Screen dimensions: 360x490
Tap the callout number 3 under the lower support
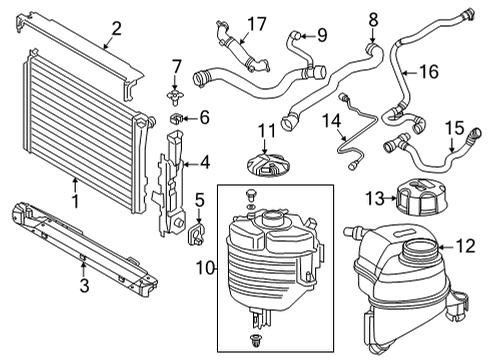point(84,286)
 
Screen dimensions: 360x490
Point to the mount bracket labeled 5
point(196,237)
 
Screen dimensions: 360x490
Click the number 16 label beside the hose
point(428,71)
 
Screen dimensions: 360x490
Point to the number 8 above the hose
point(373,18)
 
